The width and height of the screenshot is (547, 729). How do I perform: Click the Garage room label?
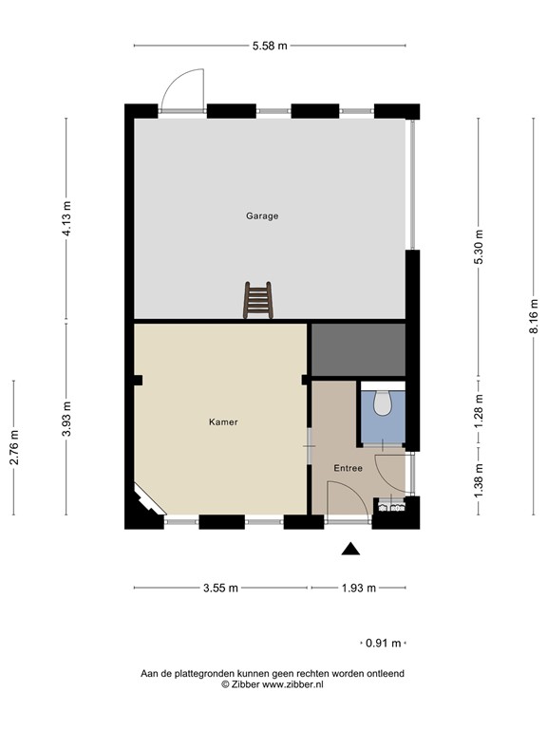262,216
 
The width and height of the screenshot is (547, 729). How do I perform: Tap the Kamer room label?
223,421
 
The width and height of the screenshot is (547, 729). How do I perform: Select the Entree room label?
348,468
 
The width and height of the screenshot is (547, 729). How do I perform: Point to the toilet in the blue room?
383,402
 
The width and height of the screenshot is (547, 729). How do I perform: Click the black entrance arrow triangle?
351,549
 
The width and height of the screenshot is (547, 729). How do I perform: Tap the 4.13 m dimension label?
66,218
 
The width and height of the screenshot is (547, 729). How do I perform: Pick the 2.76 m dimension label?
14,448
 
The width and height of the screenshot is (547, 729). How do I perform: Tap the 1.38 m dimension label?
480,475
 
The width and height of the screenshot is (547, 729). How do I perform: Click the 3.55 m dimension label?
221,588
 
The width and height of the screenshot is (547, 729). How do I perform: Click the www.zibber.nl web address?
292,683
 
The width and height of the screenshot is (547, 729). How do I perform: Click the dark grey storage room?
358,349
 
